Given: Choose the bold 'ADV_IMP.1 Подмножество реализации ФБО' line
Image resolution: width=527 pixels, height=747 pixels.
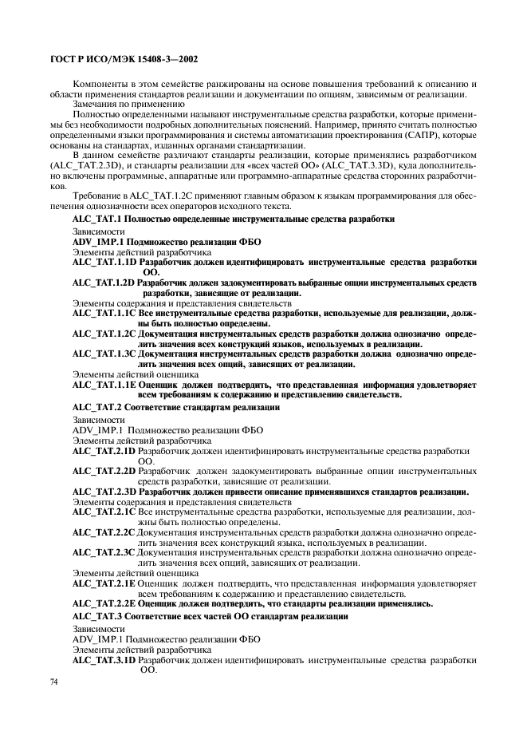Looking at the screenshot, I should pos(167,240).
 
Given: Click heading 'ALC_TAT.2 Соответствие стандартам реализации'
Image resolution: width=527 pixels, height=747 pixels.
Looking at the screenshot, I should pos(176,407).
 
